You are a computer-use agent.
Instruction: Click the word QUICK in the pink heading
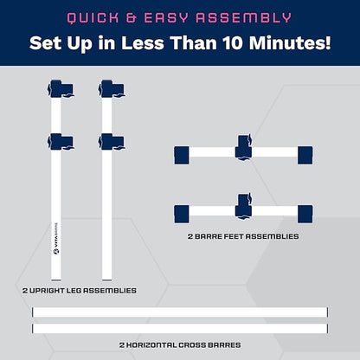(x=93, y=18)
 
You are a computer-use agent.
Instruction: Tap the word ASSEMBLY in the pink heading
(x=244, y=18)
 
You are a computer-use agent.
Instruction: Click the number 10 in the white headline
(x=232, y=43)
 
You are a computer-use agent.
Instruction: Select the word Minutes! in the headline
(x=290, y=43)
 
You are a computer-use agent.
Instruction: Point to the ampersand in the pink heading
(x=132, y=18)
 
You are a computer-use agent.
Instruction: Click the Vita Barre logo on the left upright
(x=56, y=238)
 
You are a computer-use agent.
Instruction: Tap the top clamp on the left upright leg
(x=61, y=89)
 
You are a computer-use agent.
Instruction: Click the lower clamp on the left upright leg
(x=61, y=142)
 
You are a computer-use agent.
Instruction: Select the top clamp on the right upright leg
(x=112, y=89)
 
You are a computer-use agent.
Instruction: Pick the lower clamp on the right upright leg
(x=112, y=142)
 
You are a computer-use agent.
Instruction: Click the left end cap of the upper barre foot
(x=182, y=155)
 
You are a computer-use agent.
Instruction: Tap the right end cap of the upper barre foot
(x=305, y=155)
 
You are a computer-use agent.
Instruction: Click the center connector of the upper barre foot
(x=244, y=147)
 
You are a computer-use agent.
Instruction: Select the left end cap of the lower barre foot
(x=182, y=214)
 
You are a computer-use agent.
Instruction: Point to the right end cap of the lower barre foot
(x=305, y=214)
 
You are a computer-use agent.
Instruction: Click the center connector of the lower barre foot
(x=244, y=207)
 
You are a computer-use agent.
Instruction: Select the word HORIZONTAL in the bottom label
(x=151, y=345)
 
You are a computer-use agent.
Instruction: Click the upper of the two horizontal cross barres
(x=180, y=312)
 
